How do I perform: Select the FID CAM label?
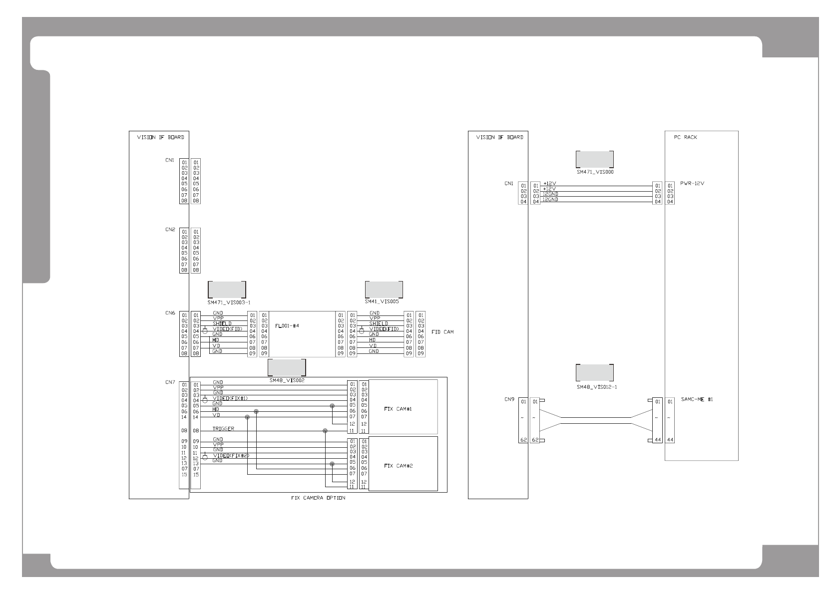(442, 332)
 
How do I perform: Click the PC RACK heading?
(685, 137)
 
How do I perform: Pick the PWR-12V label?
(692, 183)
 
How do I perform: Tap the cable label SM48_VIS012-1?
(596, 387)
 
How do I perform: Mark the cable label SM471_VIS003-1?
(228, 302)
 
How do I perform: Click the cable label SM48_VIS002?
(287, 380)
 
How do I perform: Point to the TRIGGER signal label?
(223, 429)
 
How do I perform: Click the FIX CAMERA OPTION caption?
(318, 498)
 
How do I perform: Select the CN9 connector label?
(509, 400)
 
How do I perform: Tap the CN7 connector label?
(170, 383)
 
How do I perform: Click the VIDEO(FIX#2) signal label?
(231, 456)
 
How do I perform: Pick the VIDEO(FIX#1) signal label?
(230, 398)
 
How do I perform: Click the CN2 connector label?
(170, 230)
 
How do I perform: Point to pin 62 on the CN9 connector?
(523, 440)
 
